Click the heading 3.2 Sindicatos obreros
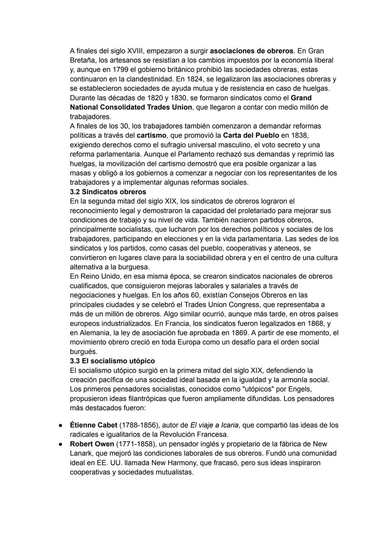click(x=108, y=192)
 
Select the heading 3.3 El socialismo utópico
click(x=112, y=361)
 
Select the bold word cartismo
click(x=152, y=136)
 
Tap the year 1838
click(x=300, y=136)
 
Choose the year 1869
click(x=238, y=333)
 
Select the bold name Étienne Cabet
click(x=93, y=425)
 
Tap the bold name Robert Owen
click(x=92, y=444)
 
